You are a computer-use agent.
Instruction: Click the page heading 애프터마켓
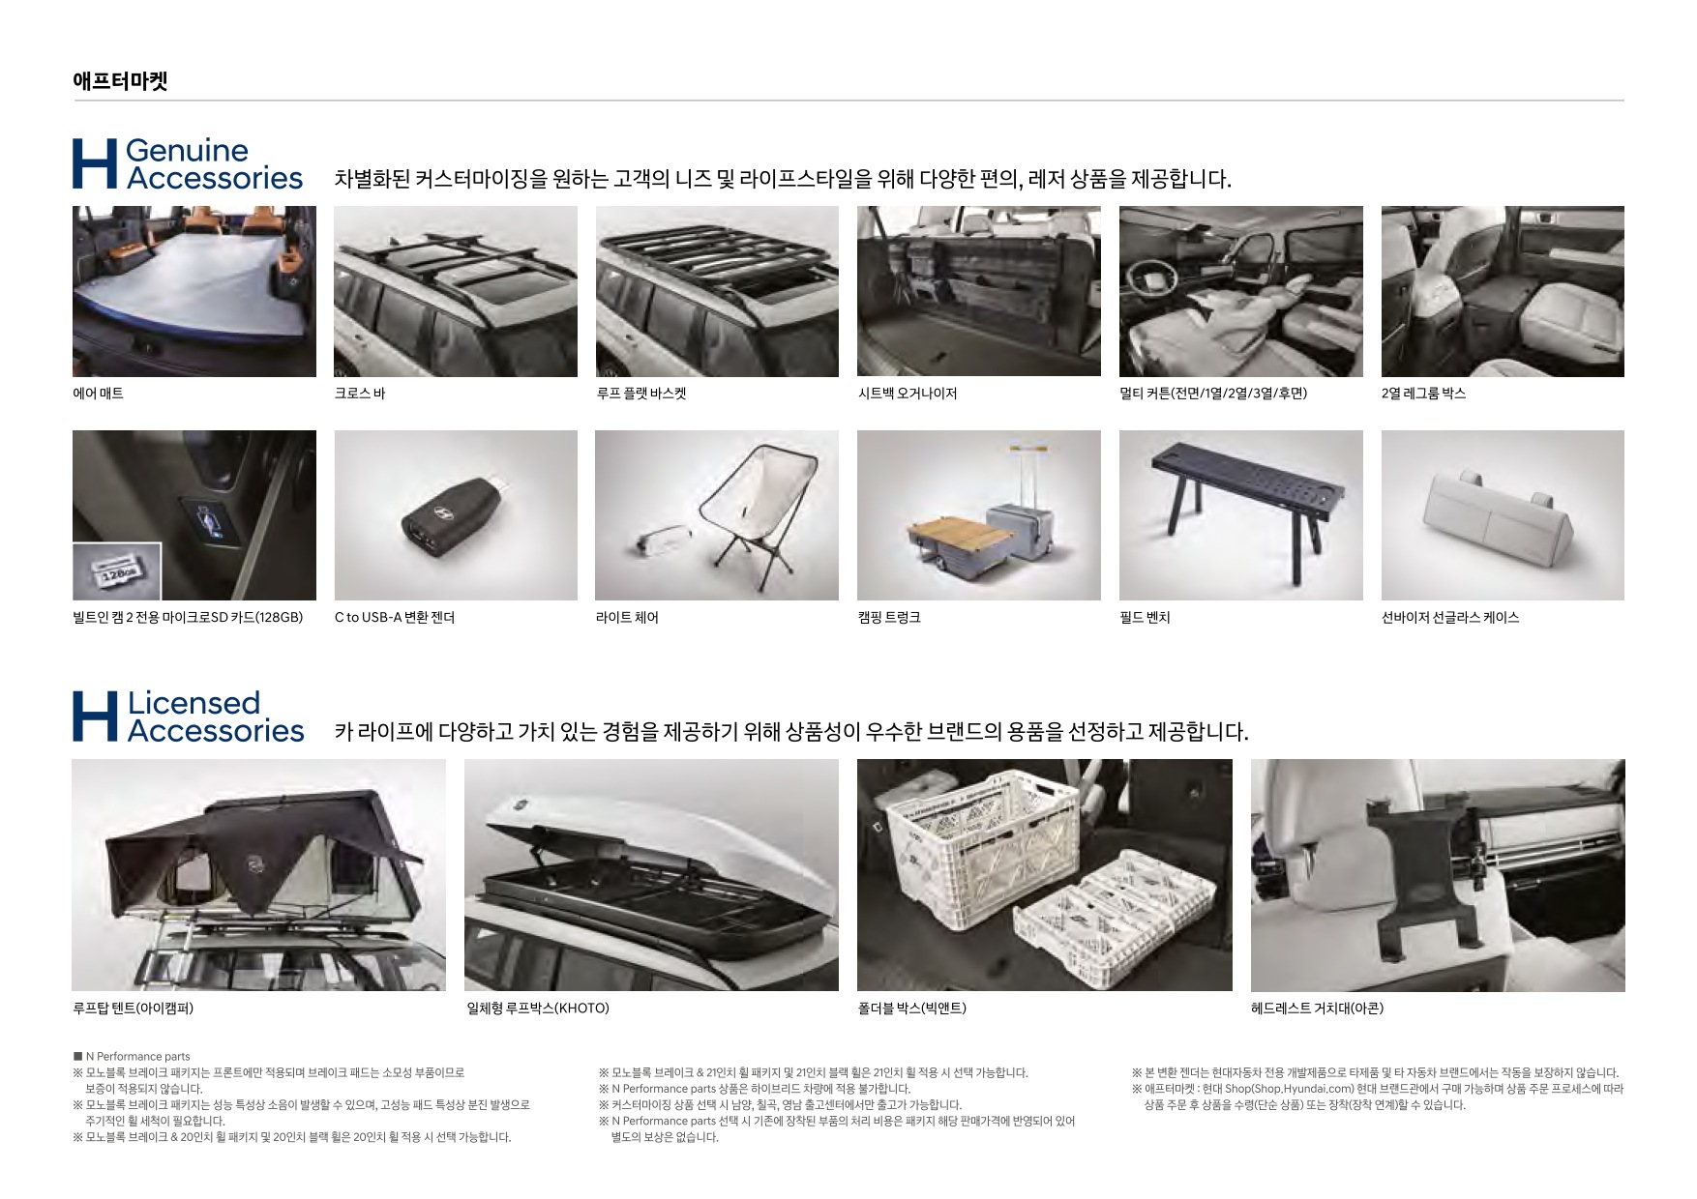pos(120,81)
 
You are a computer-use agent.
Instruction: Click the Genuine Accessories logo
pos(188,163)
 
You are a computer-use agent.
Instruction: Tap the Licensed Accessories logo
pos(188,716)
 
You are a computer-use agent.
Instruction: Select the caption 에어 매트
pos(98,394)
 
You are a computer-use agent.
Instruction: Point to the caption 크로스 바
pos(360,394)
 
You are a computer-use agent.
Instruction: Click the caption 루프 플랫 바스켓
pos(640,394)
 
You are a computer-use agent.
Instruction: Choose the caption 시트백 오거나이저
pos(908,394)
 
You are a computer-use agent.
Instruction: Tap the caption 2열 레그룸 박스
pos(1423,394)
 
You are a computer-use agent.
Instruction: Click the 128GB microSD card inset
pos(117,571)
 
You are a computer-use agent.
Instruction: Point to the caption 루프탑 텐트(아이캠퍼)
pos(134,1009)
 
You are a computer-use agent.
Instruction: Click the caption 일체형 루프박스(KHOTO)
pos(538,1009)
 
